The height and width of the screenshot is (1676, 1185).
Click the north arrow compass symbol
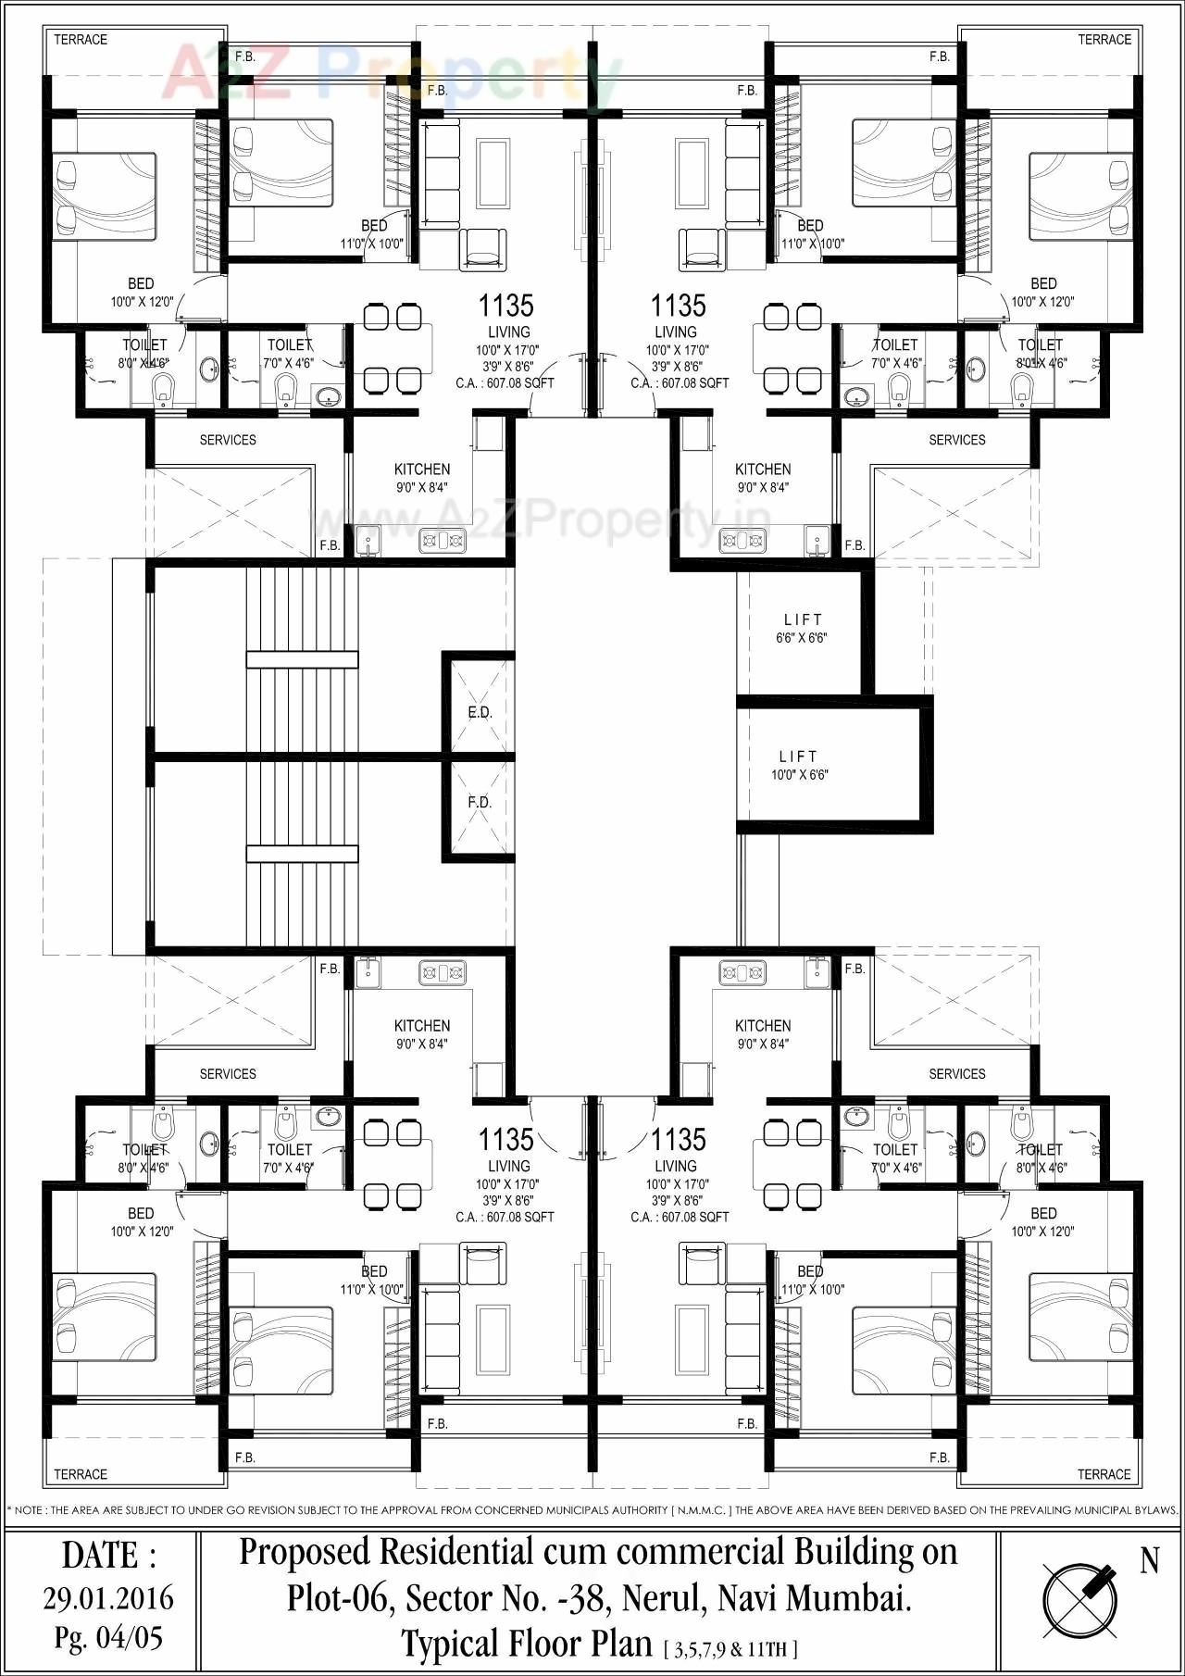[x=1079, y=1599]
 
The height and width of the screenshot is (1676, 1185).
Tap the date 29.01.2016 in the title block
[x=108, y=1597]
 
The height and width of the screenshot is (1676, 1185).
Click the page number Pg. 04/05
[x=108, y=1638]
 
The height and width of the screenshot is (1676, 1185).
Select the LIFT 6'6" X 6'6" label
[x=802, y=628]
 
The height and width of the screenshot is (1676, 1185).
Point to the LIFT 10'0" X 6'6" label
[x=799, y=765]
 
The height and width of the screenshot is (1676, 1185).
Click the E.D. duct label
[x=480, y=712]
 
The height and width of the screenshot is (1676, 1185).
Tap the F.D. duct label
[x=480, y=802]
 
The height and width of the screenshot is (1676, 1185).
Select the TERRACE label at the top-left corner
[x=81, y=40]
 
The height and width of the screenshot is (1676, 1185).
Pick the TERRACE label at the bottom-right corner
[x=1104, y=1474]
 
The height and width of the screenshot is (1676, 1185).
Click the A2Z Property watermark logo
[x=389, y=74]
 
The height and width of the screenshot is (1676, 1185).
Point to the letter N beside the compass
[x=1149, y=1561]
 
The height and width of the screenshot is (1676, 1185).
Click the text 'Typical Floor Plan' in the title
[x=526, y=1644]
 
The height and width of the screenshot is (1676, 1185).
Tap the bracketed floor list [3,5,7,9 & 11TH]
[x=730, y=1648]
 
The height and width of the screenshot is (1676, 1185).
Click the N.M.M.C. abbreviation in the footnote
[x=702, y=1510]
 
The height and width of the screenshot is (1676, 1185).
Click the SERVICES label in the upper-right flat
[x=957, y=440]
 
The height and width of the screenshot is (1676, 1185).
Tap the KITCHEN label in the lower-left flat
[x=422, y=1026]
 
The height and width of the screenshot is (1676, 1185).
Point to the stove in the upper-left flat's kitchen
[x=443, y=539]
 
